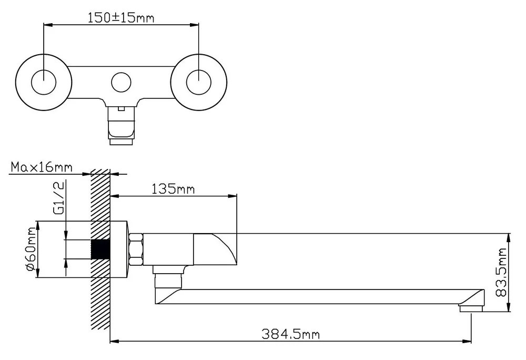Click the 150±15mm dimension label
(x=121, y=17)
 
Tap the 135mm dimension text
(x=173, y=189)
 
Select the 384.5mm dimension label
(x=290, y=334)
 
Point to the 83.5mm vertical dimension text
(x=501, y=272)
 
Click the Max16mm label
(x=42, y=167)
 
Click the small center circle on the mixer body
(x=121, y=82)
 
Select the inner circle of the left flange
(x=44, y=82)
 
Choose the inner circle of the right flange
(x=199, y=82)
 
